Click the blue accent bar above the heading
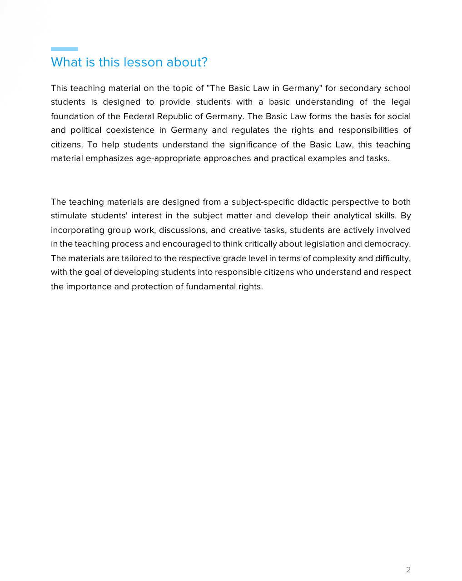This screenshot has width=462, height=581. click(x=65, y=49)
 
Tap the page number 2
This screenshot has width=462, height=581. click(x=408, y=570)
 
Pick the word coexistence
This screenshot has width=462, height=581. click(x=130, y=130)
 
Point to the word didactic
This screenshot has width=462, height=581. click(x=313, y=202)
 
